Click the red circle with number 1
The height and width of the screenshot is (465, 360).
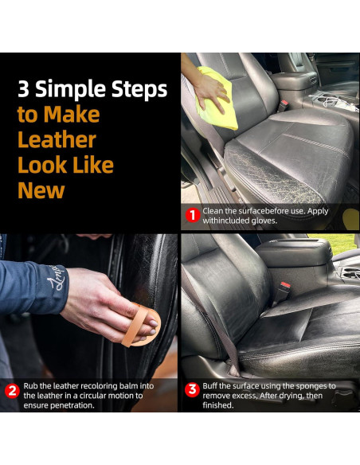[193, 215]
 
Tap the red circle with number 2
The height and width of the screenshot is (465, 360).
[12, 391]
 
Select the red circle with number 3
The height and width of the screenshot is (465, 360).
[192, 389]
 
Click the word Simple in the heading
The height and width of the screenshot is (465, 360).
[71, 89]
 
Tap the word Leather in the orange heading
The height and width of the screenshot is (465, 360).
[57, 139]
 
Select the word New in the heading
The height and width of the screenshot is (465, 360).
[41, 190]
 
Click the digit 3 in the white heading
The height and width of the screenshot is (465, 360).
[23, 89]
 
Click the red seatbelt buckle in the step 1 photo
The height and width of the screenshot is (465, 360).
[284, 105]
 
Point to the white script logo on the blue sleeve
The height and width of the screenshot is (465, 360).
[57, 278]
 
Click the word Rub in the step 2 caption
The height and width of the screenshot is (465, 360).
[30, 386]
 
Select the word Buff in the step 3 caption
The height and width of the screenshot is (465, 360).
[210, 386]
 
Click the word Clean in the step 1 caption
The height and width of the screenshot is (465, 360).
[213, 211]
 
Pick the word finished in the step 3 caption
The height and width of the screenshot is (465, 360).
[218, 405]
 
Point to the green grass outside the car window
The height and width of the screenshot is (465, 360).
[334, 243]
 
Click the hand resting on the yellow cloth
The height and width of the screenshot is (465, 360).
[211, 91]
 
